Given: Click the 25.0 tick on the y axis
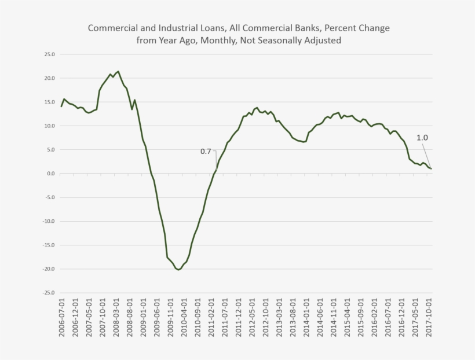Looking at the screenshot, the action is [x=50, y=54].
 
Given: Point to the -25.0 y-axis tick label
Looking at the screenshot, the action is [x=49, y=293].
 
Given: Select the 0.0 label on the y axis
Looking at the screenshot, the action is [x=51, y=174].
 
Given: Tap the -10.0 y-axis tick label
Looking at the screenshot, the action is [x=49, y=221].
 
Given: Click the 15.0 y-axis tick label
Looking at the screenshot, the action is [x=50, y=102].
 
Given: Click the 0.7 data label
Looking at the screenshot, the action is [x=206, y=152].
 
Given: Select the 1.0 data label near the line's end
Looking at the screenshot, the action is [x=422, y=138].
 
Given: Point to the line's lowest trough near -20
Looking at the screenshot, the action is [x=178, y=270].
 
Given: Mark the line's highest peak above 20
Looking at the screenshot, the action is [x=118, y=71].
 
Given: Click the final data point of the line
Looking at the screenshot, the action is [x=431, y=168].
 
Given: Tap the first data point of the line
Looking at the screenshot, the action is [x=61, y=106].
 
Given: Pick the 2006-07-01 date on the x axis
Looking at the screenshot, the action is [x=62, y=317].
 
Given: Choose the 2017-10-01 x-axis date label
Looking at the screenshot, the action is [x=429, y=317].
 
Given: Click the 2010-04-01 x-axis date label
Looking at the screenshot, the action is [x=184, y=317].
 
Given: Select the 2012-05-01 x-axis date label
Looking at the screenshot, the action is [x=252, y=317].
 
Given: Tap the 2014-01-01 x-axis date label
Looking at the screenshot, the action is [x=306, y=317].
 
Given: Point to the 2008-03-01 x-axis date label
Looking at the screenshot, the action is [x=116, y=317].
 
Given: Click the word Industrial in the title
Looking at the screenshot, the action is [x=177, y=28].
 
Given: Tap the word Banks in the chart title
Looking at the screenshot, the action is [x=308, y=28].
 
